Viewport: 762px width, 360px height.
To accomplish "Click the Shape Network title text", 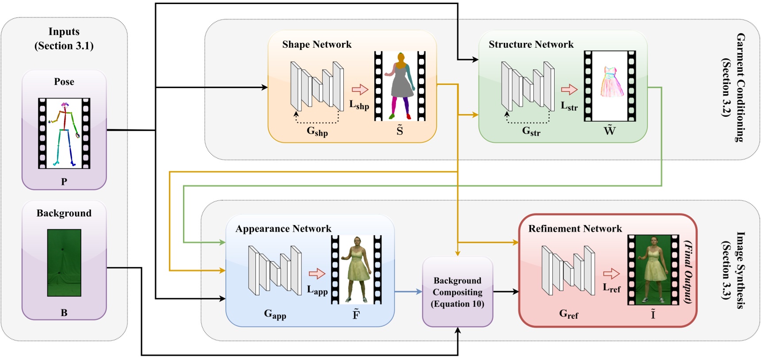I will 316,45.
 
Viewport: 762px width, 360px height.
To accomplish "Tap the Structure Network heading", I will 531,45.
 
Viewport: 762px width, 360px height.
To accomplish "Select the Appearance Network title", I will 283,229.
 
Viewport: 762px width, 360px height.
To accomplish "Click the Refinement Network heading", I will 575,229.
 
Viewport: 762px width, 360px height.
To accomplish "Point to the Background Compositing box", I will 457,292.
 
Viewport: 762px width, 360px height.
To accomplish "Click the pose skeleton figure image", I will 64,133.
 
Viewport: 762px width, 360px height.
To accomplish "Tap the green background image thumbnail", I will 64,262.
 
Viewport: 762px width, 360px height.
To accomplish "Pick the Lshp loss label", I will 359,105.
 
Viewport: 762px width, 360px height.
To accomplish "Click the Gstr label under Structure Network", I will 531,131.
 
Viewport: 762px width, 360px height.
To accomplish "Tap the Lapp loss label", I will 317,291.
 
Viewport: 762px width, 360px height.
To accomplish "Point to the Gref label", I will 568,314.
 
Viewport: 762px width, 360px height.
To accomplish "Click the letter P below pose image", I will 64,181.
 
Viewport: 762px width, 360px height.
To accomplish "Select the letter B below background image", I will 64,313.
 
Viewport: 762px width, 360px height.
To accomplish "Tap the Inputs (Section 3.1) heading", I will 64,38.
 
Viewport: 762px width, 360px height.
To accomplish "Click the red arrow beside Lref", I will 611,274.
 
